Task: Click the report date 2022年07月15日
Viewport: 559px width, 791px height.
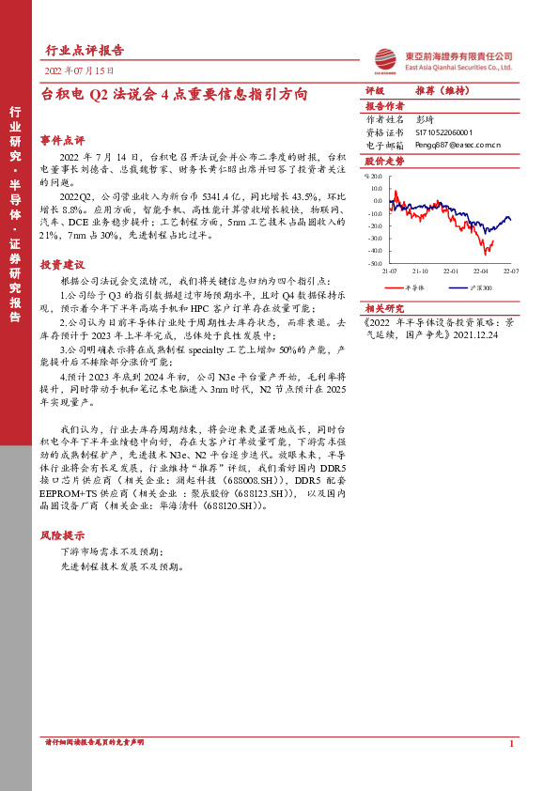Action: pos(81,70)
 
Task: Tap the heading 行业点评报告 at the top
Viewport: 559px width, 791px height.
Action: pos(85,50)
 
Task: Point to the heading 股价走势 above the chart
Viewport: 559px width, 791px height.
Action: pos(384,162)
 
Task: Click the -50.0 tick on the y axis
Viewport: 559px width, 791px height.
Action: pos(376,263)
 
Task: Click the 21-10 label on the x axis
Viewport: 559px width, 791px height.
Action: pos(419,271)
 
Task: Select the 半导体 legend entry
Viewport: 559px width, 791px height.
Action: pos(414,287)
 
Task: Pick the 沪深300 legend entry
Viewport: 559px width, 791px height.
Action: pos(480,287)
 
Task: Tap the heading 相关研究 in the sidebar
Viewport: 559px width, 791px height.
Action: pos(384,308)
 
